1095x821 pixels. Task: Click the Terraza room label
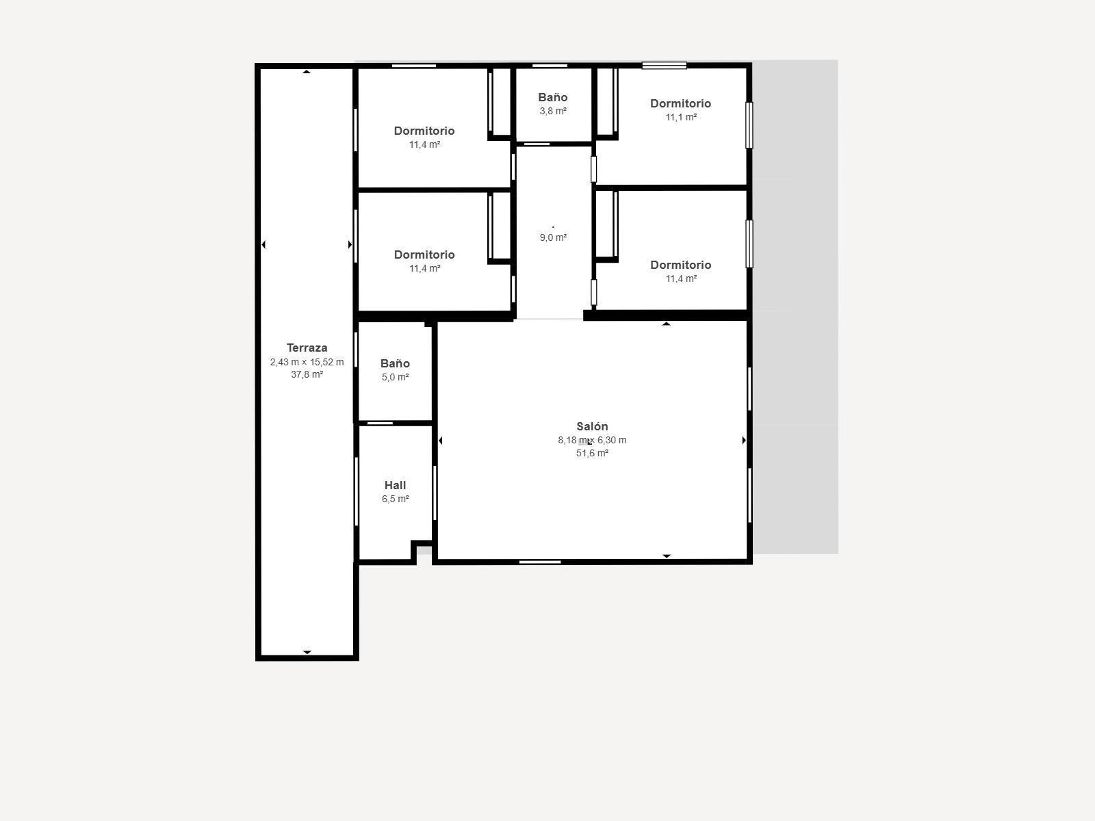pyautogui.click(x=307, y=348)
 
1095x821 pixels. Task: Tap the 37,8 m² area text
pyautogui.click(x=307, y=374)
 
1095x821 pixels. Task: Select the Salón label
pyautogui.click(x=592, y=426)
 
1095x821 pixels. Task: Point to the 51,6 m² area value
pyautogui.click(x=592, y=453)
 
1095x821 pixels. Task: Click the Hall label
pyautogui.click(x=395, y=485)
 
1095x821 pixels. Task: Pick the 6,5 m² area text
pyautogui.click(x=395, y=499)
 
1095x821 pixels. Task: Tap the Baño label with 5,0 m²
pyautogui.click(x=395, y=363)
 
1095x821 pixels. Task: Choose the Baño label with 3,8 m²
pyautogui.click(x=552, y=97)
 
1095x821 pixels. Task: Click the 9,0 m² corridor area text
pyautogui.click(x=553, y=237)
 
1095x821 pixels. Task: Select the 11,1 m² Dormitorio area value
pyautogui.click(x=681, y=117)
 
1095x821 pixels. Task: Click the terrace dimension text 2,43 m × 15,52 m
pyautogui.click(x=307, y=362)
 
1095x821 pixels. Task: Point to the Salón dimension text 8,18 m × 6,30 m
pyautogui.click(x=592, y=440)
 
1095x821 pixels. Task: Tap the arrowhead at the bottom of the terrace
pyautogui.click(x=307, y=652)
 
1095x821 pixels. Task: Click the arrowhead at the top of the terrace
pyautogui.click(x=307, y=71)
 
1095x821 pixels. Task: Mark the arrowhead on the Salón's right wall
pyautogui.click(x=744, y=440)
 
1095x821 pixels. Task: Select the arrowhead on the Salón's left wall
pyautogui.click(x=440, y=441)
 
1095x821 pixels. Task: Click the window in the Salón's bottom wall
pyautogui.click(x=539, y=562)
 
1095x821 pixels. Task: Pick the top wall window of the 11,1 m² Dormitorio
pyautogui.click(x=664, y=66)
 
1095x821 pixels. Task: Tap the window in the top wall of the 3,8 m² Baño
pyautogui.click(x=550, y=66)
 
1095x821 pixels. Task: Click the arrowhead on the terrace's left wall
pyautogui.click(x=263, y=244)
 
